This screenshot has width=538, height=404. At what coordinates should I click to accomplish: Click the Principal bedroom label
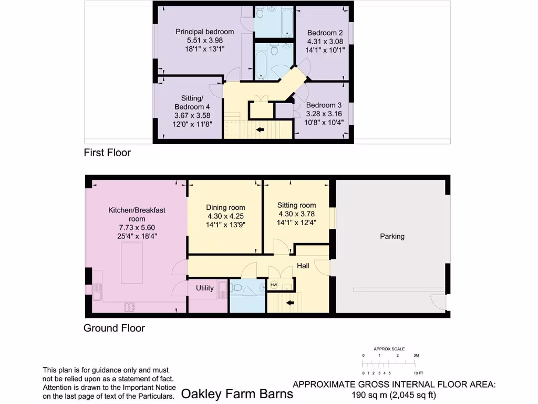click(204, 32)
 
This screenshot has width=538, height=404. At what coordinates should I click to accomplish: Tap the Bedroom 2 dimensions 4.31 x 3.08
click(325, 42)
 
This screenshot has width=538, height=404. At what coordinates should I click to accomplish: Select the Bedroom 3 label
click(324, 104)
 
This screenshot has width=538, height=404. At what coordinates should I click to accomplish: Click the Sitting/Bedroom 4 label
click(192, 103)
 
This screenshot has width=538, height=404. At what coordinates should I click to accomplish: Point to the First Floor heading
click(107, 153)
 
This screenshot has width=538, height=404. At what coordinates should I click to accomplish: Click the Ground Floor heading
click(114, 328)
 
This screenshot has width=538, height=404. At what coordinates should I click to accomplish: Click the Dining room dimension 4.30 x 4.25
click(225, 216)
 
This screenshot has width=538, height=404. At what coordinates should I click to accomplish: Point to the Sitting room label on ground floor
click(297, 205)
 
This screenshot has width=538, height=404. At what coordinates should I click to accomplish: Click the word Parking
click(392, 236)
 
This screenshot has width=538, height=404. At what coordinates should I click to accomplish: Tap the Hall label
click(303, 266)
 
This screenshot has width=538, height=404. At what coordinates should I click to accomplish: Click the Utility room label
click(205, 288)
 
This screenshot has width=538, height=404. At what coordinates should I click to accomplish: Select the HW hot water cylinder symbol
click(273, 285)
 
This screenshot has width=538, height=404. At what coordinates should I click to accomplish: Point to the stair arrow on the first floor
click(260, 129)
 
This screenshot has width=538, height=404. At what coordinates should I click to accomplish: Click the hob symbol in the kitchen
click(129, 307)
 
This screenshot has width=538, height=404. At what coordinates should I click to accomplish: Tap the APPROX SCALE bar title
click(389, 349)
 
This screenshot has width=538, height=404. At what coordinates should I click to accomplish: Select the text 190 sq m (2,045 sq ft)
click(394, 395)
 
